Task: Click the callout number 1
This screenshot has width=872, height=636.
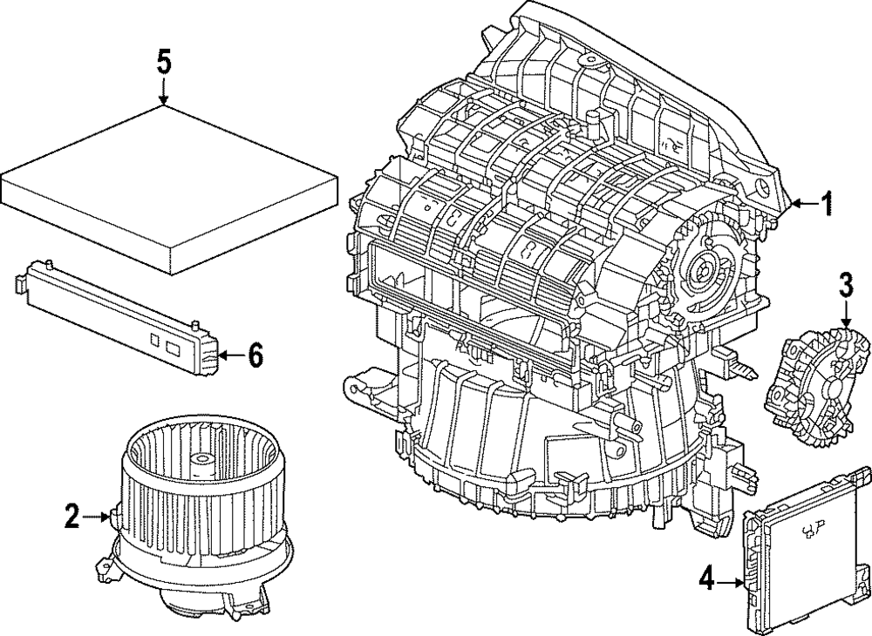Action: (827, 205)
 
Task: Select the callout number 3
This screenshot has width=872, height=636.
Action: (844, 284)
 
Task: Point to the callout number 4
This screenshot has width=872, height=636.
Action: (707, 576)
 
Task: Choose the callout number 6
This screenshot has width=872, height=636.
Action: (254, 355)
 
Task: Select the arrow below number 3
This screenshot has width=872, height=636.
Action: (844, 315)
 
